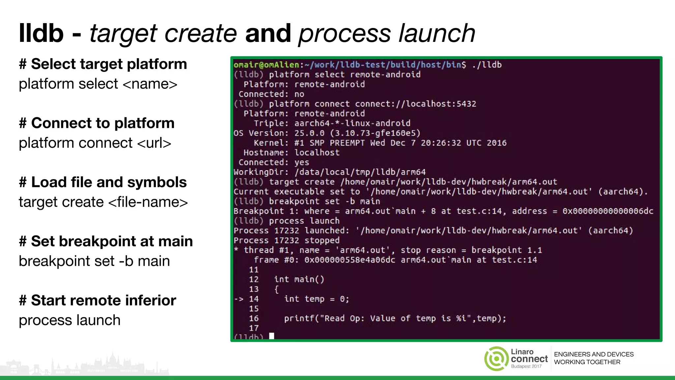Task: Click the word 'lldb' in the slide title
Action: (41, 33)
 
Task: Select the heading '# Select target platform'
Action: (103, 64)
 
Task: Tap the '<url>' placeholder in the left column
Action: (154, 143)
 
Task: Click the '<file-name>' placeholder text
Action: (148, 202)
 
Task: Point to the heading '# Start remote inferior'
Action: (98, 301)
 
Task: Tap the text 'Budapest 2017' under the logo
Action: (526, 366)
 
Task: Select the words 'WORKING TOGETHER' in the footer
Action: (587, 362)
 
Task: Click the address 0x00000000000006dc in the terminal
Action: (607, 211)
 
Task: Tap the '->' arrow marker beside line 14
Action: (239, 299)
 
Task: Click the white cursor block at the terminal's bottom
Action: (272, 336)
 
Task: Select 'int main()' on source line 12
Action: (299, 279)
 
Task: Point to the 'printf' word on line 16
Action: (299, 319)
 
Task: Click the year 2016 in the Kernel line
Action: (496, 143)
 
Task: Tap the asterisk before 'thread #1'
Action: (236, 250)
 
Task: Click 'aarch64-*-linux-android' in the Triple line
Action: (352, 123)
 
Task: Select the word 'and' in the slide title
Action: (268, 33)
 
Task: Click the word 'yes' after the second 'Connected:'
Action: (302, 162)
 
